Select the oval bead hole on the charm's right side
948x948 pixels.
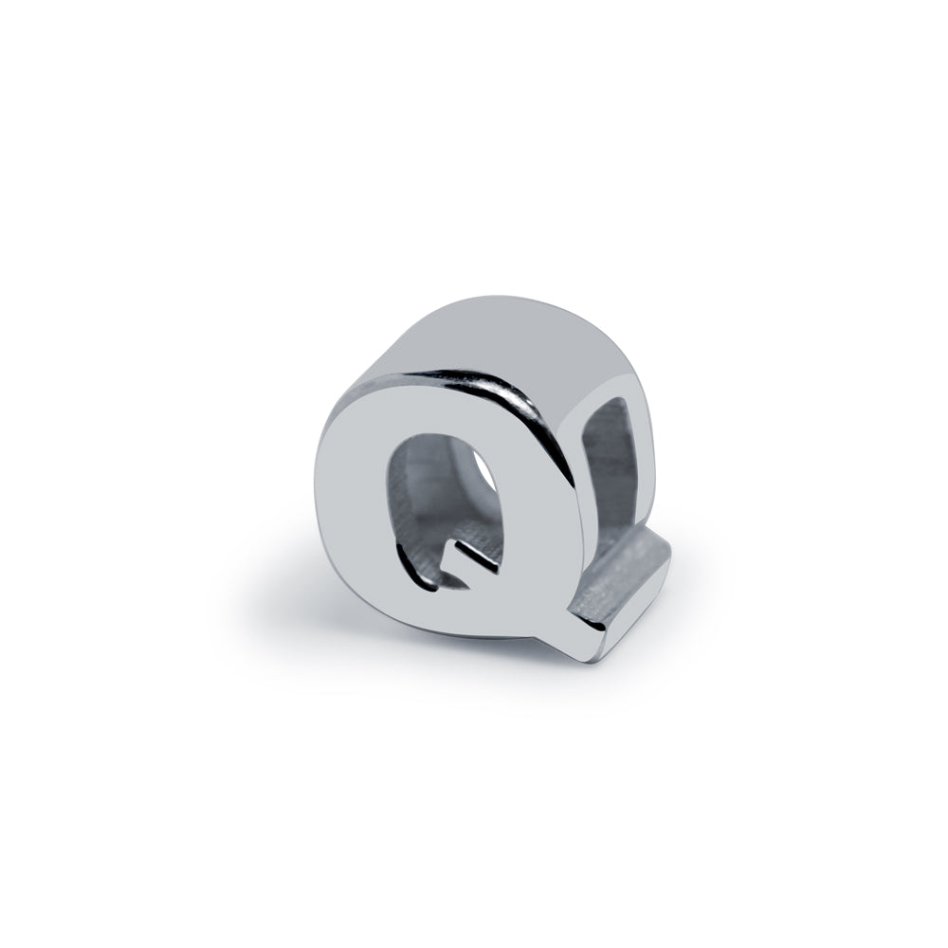[x=611, y=461]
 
